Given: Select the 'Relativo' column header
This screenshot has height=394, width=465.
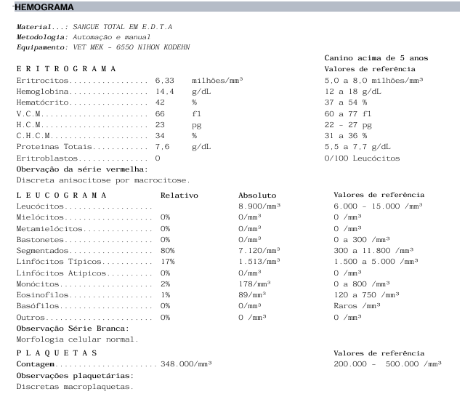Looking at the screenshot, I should (179, 195).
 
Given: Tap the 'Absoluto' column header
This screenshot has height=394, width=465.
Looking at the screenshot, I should (257, 195).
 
